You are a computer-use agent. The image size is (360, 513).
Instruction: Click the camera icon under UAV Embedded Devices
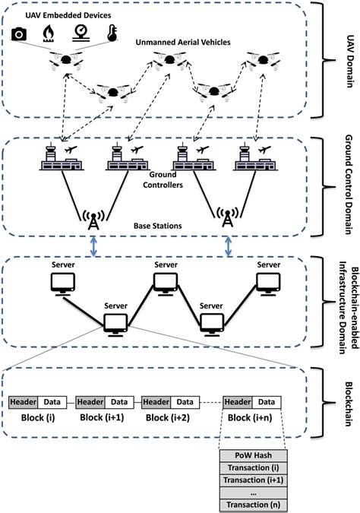tap(20, 34)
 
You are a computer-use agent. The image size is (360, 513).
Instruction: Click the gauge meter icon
tap(81, 34)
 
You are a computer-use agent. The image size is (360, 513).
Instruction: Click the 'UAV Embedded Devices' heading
tap(53, 14)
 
